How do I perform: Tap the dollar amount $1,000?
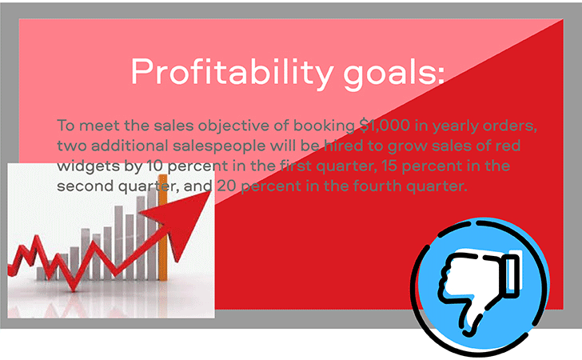385,126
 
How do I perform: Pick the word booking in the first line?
324,126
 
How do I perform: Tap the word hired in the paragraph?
344,146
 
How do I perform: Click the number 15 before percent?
390,166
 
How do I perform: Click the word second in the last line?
85,186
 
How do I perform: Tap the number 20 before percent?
226,186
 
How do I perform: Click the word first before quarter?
296,166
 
